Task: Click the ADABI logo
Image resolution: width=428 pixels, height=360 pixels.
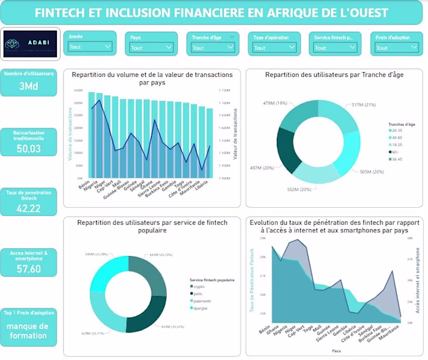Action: point(30,45)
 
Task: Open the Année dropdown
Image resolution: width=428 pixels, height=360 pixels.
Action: point(90,47)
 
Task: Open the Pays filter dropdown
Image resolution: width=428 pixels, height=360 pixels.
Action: point(151,47)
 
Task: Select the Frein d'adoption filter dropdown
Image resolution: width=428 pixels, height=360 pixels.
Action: point(396,47)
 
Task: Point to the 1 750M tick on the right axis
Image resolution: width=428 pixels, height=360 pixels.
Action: point(225,90)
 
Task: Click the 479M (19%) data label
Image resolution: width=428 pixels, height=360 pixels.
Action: point(275,103)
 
